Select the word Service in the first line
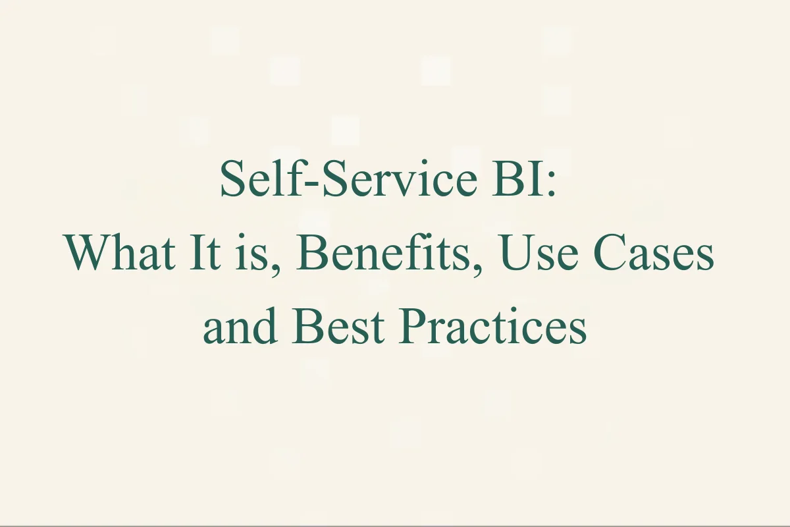(x=363, y=180)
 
